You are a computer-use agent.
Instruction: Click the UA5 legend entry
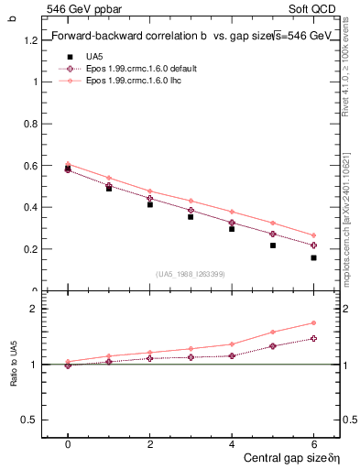[95, 57]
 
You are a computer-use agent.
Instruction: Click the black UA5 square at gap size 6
[313, 257]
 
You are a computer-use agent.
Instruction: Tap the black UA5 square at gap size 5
[273, 245]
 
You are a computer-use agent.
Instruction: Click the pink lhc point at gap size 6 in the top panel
[313, 235]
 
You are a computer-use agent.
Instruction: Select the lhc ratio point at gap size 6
[313, 322]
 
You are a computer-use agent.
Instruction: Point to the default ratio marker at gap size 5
[273, 346]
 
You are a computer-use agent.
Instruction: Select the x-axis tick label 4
[232, 444]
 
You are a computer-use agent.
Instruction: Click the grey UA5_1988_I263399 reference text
[191, 274]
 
